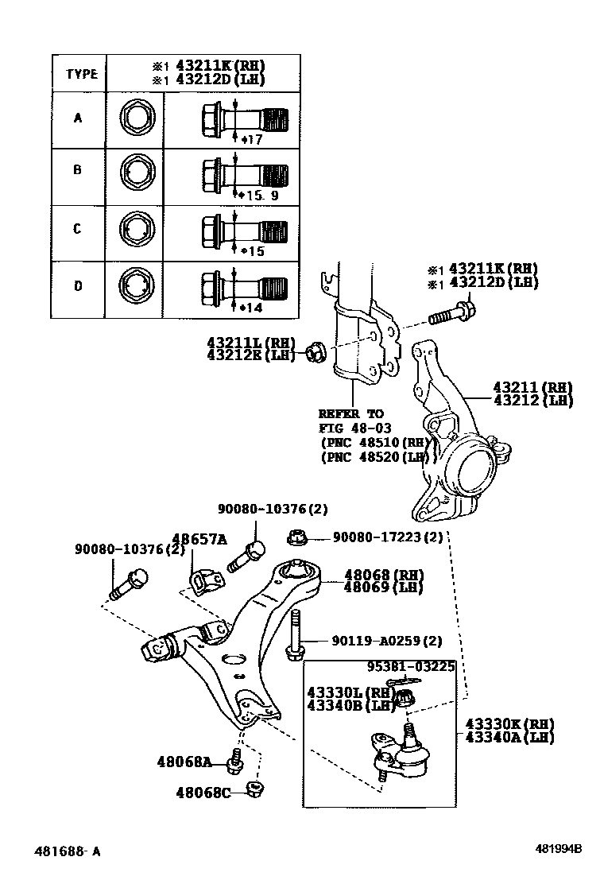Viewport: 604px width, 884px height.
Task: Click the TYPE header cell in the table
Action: tap(81, 74)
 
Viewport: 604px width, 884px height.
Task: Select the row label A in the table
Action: tap(78, 118)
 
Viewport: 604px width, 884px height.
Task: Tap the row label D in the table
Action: tap(78, 285)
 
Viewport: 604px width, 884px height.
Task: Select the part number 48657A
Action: tap(199, 539)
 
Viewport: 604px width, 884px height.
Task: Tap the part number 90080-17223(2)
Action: tap(388, 538)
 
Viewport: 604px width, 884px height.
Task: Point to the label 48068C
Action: tap(204, 792)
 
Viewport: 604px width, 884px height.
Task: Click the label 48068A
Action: tap(185, 762)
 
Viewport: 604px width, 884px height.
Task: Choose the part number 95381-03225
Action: tap(411, 667)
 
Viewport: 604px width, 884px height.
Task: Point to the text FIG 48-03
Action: tap(354, 428)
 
